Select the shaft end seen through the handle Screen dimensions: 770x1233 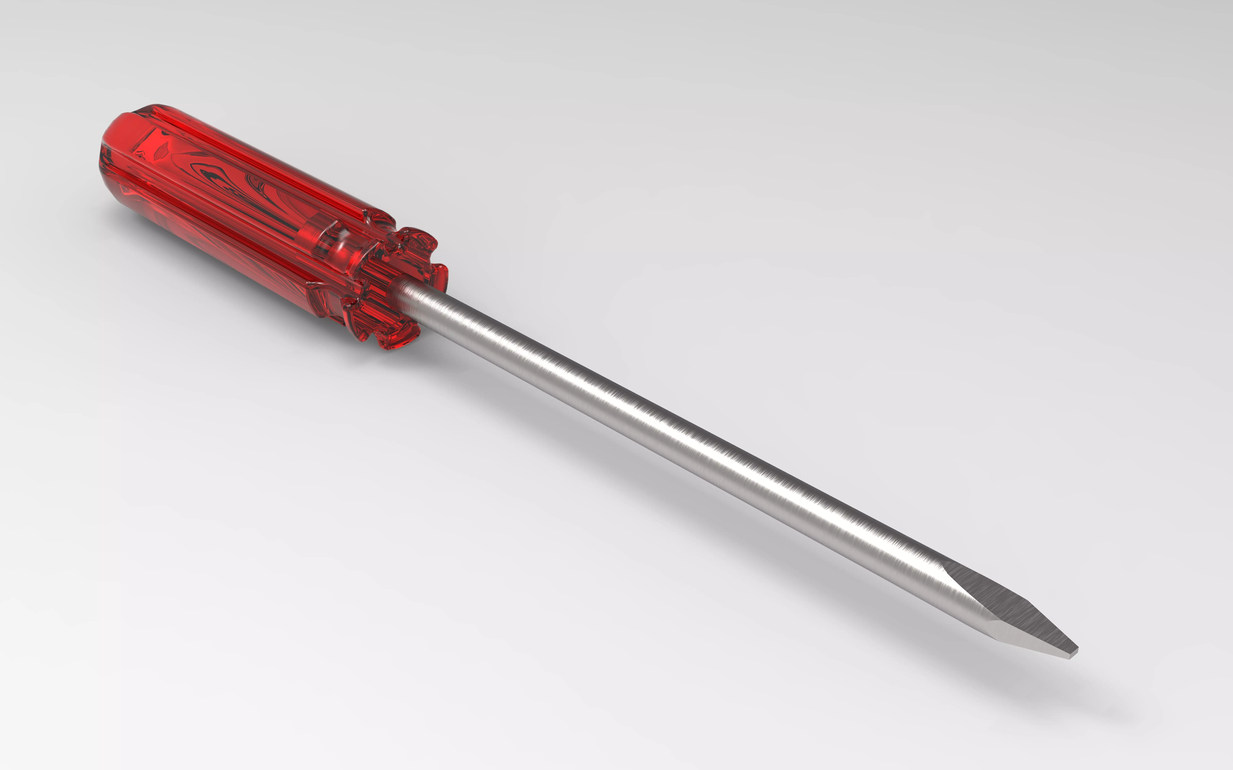point(326,239)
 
